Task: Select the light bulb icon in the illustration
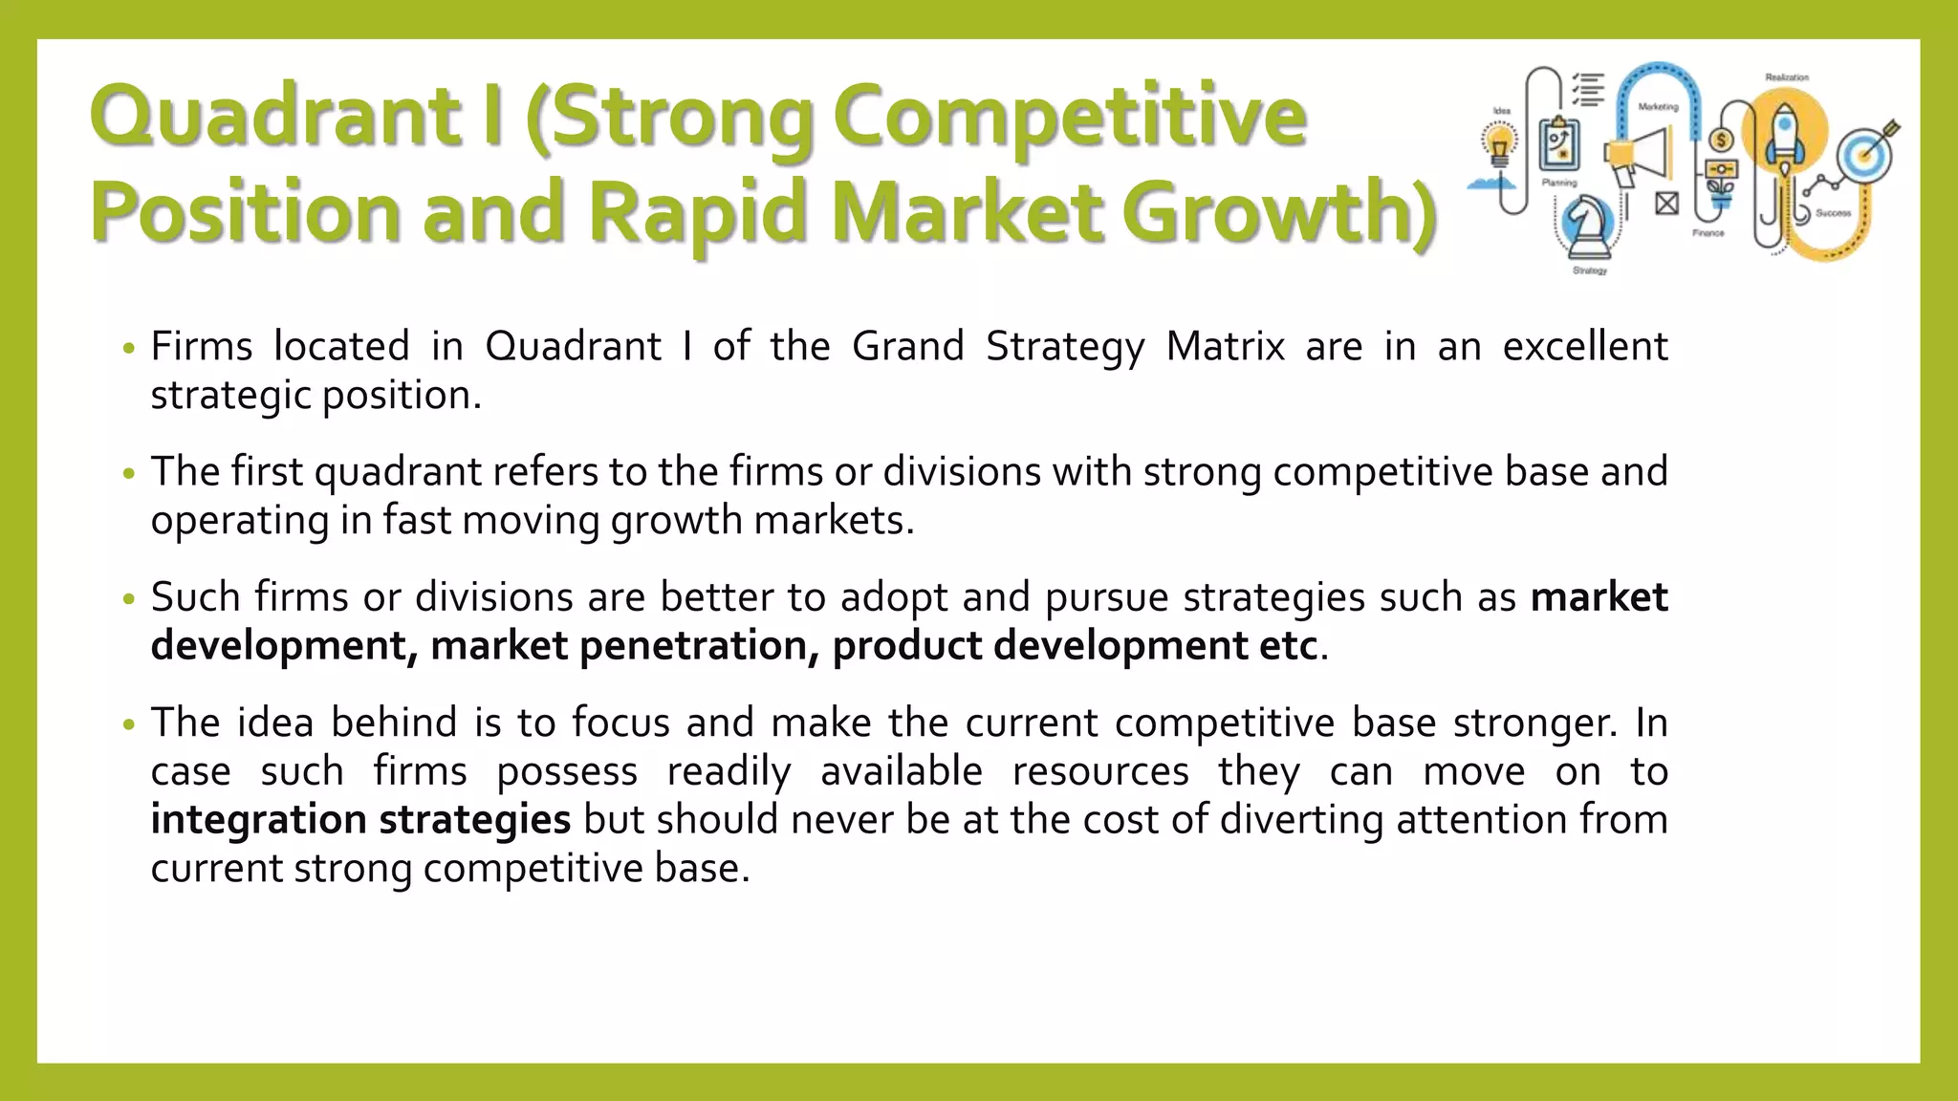click(1500, 148)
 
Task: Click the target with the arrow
click(1866, 151)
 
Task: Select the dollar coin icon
click(1721, 140)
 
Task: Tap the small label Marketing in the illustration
click(1658, 107)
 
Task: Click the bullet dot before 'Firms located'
click(130, 349)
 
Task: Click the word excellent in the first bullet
click(1584, 346)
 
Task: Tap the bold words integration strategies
click(360, 820)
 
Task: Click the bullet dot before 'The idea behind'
click(130, 725)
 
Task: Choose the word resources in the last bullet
click(1099, 771)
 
